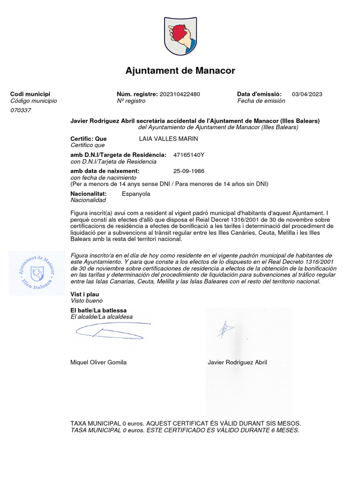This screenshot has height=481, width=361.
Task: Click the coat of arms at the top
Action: pyautogui.click(x=180, y=37)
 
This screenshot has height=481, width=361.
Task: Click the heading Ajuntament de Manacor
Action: pyautogui.click(x=180, y=71)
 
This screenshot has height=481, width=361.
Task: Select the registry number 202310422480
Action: pyautogui.click(x=180, y=94)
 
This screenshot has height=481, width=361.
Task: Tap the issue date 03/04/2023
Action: pyautogui.click(x=307, y=94)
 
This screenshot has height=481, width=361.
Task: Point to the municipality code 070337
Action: pyautogui.click(x=21, y=110)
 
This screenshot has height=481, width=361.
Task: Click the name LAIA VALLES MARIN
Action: pyautogui.click(x=169, y=139)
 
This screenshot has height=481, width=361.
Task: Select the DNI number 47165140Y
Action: pyautogui.click(x=189, y=155)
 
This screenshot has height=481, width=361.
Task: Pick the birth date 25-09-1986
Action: pyautogui.click(x=189, y=171)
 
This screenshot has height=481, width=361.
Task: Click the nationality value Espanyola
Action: pyautogui.click(x=136, y=194)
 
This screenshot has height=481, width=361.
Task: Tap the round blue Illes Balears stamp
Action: pyautogui.click(x=37, y=272)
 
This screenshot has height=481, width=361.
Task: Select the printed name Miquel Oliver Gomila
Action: pyautogui.click(x=98, y=362)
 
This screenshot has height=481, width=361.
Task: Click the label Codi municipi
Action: pyautogui.click(x=30, y=94)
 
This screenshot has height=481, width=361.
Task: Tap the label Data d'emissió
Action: pyautogui.click(x=259, y=94)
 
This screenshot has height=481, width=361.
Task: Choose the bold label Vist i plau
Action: pyautogui.click(x=85, y=294)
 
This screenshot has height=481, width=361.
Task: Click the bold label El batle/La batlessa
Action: pyautogui.click(x=98, y=310)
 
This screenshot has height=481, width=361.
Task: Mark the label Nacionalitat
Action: pyautogui.click(x=88, y=194)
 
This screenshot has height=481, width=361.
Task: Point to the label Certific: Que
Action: pyautogui.click(x=88, y=139)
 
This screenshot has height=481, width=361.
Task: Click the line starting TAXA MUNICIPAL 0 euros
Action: pyautogui.click(x=185, y=423)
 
